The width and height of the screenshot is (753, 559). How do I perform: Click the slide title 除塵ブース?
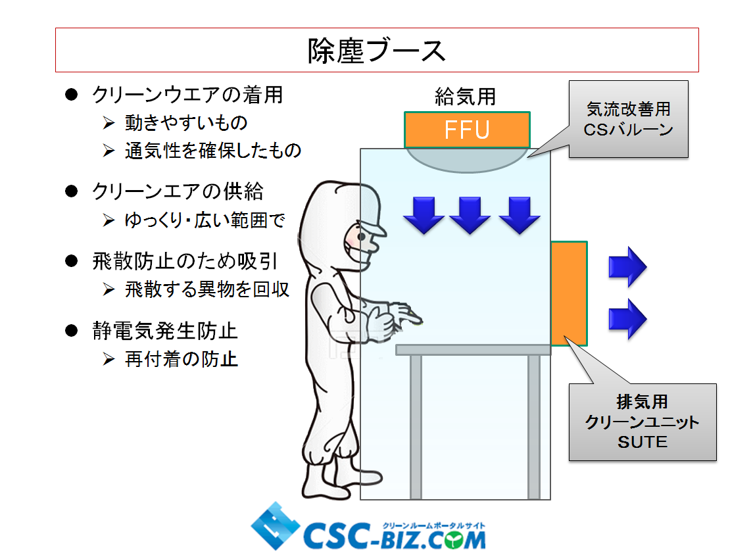click(376, 51)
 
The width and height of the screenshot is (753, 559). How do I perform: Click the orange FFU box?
click(467, 130)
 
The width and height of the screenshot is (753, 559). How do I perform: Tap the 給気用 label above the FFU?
click(465, 97)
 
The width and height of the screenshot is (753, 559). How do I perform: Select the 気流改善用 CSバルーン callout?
click(628, 119)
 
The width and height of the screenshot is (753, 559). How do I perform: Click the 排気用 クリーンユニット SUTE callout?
click(642, 422)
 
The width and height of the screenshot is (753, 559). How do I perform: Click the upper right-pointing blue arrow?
click(627, 267)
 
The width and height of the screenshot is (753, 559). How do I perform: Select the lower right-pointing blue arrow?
click(627, 319)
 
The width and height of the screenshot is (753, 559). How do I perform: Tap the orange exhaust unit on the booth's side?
click(569, 293)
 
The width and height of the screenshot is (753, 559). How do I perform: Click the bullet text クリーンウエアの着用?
click(187, 95)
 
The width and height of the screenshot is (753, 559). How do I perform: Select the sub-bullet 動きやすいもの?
click(186, 123)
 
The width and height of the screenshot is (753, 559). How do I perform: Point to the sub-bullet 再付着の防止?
click(181, 359)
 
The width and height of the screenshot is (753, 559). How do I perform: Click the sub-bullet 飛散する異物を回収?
click(207, 289)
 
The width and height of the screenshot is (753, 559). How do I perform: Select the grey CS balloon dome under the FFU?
click(466, 158)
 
